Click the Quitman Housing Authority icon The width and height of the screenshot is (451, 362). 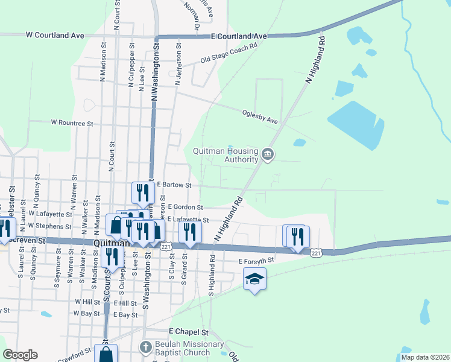click(x=268, y=155)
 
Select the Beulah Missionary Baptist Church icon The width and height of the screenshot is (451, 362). click(x=145, y=348)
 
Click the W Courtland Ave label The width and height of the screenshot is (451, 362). click(x=55, y=36)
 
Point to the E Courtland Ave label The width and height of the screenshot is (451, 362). click(x=239, y=36)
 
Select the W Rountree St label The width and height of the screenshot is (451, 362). click(x=72, y=122)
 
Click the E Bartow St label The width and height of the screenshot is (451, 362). click(x=174, y=185)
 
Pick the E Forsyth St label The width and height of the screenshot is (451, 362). click(x=256, y=261)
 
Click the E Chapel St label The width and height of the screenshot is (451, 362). click(x=188, y=332)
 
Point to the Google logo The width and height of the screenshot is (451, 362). click(x=20, y=355)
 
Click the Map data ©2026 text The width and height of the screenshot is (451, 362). click(x=425, y=357)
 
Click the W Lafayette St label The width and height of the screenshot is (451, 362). click(x=50, y=214)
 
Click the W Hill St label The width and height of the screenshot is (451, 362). click(x=87, y=302)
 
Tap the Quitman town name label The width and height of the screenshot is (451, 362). click(x=112, y=243)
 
